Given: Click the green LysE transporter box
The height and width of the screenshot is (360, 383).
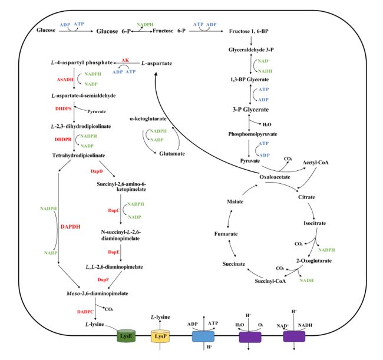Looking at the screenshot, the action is tap(126, 336).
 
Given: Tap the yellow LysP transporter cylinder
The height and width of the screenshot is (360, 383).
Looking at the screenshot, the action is tap(160, 336).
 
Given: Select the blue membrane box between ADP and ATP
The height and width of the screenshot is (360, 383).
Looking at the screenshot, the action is tap(203, 336).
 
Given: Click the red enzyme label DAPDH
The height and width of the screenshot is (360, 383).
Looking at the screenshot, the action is tap(70, 227).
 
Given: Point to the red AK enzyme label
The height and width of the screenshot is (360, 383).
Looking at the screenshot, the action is tap(126, 60).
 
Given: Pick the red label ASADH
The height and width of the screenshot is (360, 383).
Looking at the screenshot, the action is tap(65, 80).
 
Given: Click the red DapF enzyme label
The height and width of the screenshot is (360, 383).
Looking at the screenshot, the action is tap(103, 280).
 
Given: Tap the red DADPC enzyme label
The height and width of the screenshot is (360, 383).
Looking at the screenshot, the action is tap(85, 312).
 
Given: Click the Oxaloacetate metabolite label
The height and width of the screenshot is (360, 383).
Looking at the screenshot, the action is tap(275, 177).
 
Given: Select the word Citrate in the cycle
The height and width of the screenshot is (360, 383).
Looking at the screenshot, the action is tap(306, 197).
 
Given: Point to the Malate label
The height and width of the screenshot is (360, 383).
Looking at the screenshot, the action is tap(235, 202).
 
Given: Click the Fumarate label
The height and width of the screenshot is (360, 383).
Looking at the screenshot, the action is tap(226, 234).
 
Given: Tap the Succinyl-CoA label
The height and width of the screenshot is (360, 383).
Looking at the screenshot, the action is tap(270, 281).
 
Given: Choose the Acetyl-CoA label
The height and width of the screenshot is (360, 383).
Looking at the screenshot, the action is tap(316, 163).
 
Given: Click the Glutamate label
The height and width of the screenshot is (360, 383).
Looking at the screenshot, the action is tap(172, 154).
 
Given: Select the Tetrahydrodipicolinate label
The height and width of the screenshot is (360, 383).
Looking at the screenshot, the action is tap(78, 156).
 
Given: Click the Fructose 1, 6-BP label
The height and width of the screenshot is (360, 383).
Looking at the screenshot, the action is tap(249, 31).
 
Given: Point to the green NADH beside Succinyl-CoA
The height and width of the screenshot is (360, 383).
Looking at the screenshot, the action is tap(306, 280).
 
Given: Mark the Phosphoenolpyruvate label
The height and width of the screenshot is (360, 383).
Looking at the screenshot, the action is tap(253, 134).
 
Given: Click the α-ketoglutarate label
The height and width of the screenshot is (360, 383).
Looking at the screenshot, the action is tap(148, 118).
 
